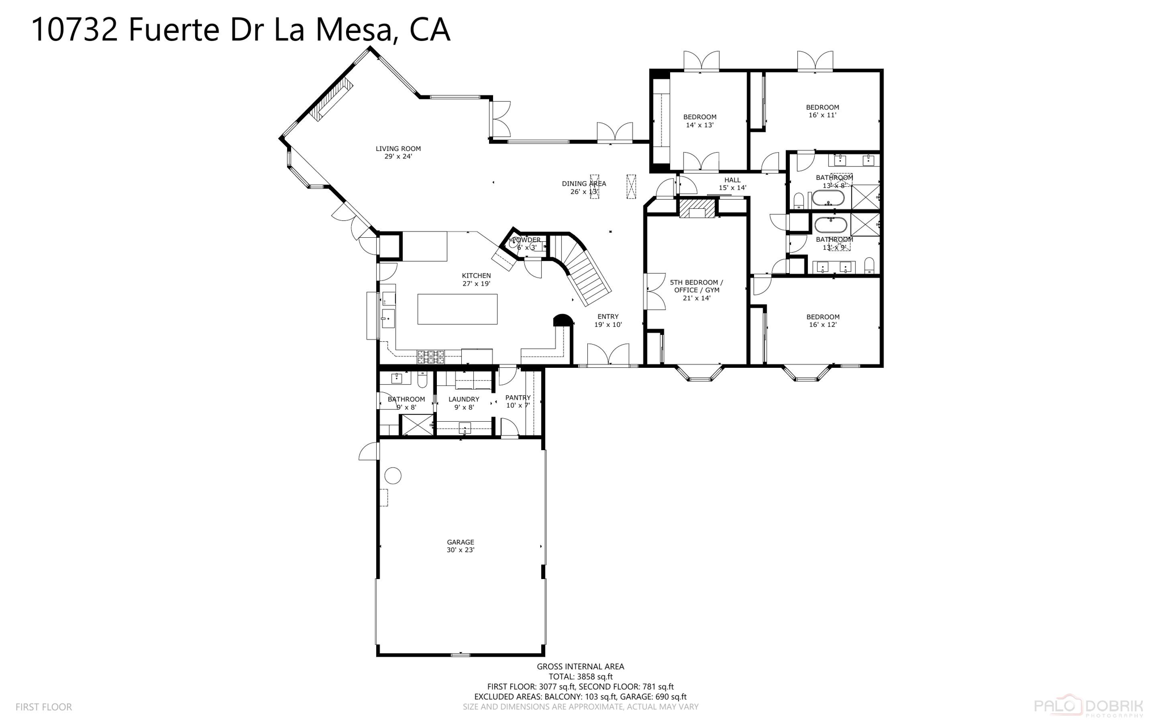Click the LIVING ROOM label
tap(398, 152)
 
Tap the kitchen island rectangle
tap(457, 309)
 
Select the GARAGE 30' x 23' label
tap(460, 546)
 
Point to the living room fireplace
tap(331, 100)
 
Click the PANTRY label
tap(517, 401)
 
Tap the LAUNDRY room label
tap(464, 403)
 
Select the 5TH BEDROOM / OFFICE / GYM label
tap(696, 289)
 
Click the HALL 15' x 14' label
tap(732, 184)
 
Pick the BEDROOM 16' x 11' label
tap(822, 111)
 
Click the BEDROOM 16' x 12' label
tap(823, 321)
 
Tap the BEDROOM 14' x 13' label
tap(700, 121)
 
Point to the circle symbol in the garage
tap(393, 475)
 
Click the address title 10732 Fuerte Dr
tap(240, 30)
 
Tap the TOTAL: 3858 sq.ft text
tap(580, 677)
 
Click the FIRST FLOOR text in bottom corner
tap(44, 707)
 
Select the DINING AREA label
tap(584, 187)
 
